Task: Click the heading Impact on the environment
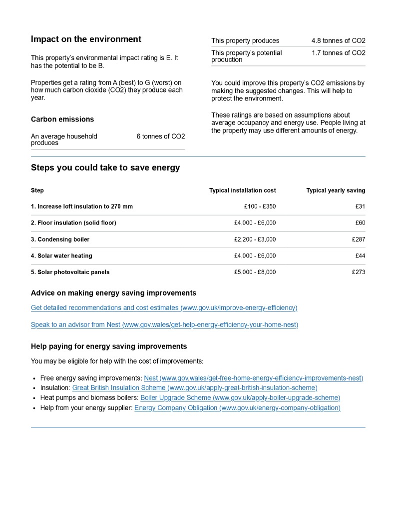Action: click(86, 39)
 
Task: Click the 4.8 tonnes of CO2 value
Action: click(338, 41)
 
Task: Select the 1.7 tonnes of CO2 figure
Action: click(338, 53)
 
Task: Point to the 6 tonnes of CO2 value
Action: click(160, 136)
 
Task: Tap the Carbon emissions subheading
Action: click(62, 119)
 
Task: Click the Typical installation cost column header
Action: click(242, 190)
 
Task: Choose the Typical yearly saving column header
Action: click(336, 190)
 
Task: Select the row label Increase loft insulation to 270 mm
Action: click(82, 206)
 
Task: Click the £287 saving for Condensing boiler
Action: click(359, 239)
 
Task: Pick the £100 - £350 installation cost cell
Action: click(260, 206)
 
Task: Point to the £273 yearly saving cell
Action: click(359, 272)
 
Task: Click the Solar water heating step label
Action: click(61, 256)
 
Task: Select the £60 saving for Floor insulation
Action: click(360, 223)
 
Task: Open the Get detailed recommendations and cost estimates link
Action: click(164, 308)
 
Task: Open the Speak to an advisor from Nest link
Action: click(164, 325)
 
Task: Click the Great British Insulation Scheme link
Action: click(195, 388)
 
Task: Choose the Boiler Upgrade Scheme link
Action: click(240, 398)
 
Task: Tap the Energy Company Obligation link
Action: click(237, 408)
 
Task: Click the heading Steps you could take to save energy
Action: click(105, 168)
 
